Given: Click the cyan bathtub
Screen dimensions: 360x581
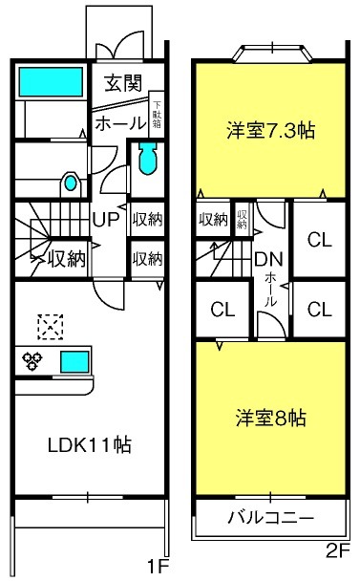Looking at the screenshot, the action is click(51, 81).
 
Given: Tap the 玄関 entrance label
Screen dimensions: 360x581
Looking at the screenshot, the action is click(123, 83).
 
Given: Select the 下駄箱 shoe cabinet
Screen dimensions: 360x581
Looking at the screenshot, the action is click(157, 115).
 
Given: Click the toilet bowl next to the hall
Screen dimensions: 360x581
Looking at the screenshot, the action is click(149, 159).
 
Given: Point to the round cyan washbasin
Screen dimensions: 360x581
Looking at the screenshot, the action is click(71, 183).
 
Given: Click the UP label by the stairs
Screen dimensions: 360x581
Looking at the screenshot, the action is click(106, 220).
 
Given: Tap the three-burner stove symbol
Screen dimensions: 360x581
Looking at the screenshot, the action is click(32, 361).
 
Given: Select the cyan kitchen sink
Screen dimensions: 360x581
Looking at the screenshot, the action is click(74, 361).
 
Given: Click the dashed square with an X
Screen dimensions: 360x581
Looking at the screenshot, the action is click(50, 327).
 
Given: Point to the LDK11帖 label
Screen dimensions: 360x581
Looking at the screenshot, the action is click(89, 444).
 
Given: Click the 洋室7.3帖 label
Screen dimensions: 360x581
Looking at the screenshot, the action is click(271, 131).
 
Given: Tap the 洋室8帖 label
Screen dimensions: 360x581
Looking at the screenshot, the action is click(271, 418).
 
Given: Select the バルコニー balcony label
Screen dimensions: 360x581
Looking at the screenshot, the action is click(270, 517).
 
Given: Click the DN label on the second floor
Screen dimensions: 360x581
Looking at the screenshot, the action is click(269, 259).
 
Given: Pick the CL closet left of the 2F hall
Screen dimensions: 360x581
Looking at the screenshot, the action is click(222, 309).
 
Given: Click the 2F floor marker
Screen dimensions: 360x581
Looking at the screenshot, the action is click(338, 552).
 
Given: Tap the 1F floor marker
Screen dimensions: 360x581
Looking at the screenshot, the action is click(159, 566).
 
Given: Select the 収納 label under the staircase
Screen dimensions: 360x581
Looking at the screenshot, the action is click(67, 259).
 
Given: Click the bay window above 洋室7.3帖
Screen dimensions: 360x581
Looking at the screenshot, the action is click(272, 53).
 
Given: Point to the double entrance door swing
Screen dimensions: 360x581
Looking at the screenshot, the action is click(119, 46).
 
